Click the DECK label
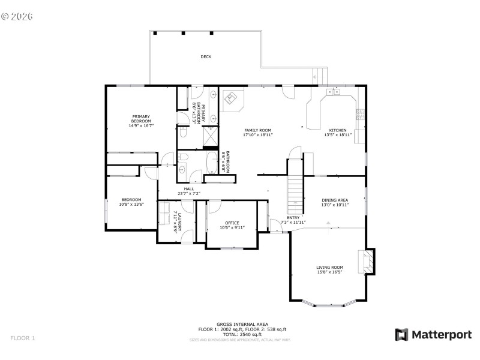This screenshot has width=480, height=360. point(206,57)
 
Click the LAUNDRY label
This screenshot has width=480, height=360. point(176,221)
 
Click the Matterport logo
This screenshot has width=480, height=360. point(433,335)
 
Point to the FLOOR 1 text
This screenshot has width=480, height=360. point(23,338)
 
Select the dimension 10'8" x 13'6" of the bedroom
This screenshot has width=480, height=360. point(131,205)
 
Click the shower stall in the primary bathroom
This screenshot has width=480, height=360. point(211,138)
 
